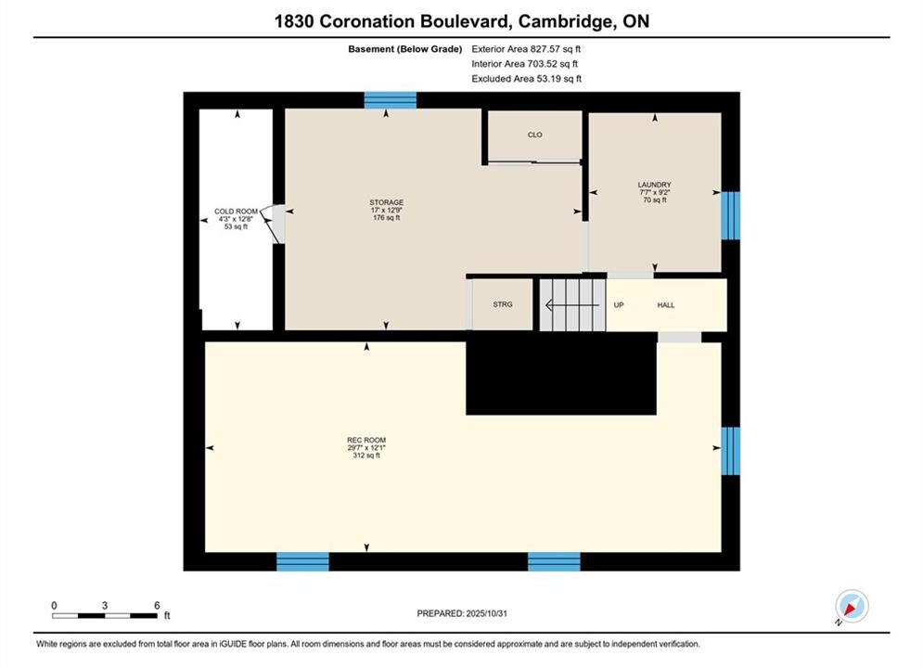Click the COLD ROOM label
(236, 212)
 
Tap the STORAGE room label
(387, 202)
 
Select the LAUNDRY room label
(655, 185)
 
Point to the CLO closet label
(534, 135)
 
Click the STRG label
(503, 304)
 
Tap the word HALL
(666, 305)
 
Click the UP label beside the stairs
(619, 305)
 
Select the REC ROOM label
(366, 441)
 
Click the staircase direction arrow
(572, 305)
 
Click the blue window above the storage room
(391, 100)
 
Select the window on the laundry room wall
(730, 215)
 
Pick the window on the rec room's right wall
(730, 451)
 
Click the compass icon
(852, 606)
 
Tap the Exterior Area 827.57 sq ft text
(526, 49)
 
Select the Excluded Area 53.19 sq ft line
(526, 78)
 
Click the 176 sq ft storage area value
(387, 218)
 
